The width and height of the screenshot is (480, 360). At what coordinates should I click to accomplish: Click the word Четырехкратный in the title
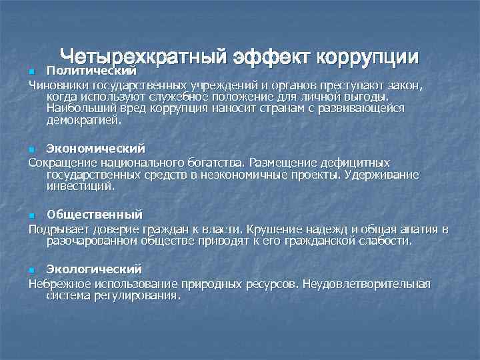pos(143,58)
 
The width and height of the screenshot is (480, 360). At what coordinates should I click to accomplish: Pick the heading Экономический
pos(95,148)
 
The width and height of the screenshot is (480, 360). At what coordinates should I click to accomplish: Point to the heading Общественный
pos(94,214)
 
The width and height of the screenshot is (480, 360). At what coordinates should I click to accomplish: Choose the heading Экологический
pos(94,269)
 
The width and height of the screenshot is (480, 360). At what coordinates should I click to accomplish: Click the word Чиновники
pos(58,85)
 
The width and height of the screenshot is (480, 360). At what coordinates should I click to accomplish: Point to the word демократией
pos(84,121)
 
